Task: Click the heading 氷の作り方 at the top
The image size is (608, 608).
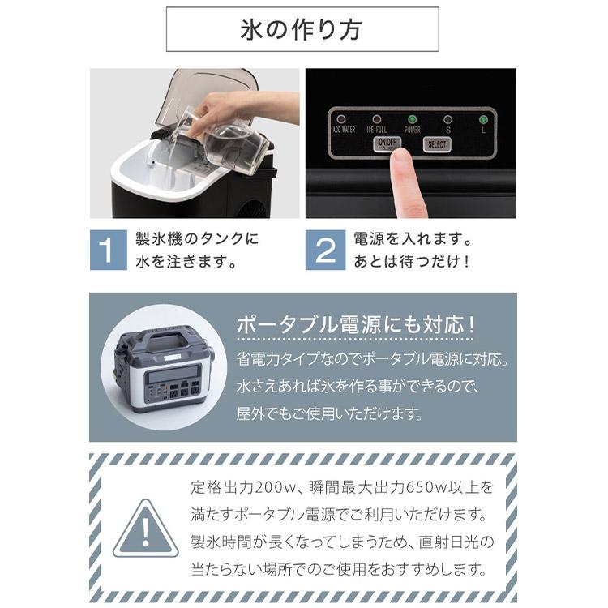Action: coord(302,30)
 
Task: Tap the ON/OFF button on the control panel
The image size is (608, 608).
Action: coord(384,144)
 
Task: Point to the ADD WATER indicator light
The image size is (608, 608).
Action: coord(343,119)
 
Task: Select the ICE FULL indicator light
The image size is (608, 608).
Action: coord(378,119)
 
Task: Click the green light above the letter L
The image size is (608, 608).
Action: coord(483,119)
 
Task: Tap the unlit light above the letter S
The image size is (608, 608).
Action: coord(447,119)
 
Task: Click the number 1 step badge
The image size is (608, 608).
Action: coord(108,250)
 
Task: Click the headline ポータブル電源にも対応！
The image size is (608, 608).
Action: coord(355,326)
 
